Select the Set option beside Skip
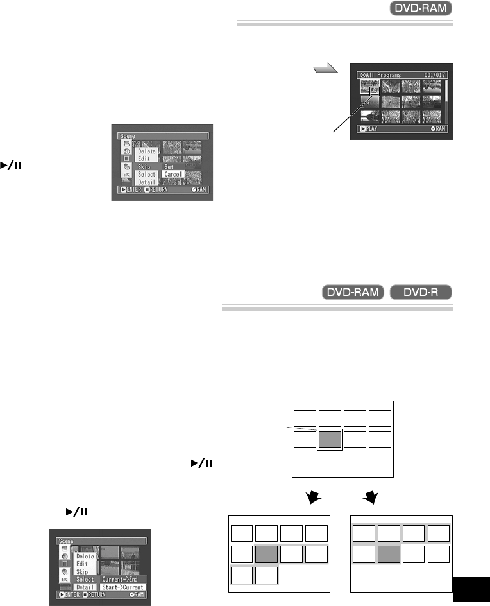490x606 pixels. tap(169, 166)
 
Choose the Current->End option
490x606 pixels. tap(122, 579)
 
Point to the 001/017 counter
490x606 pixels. tap(434, 74)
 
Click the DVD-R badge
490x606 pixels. tap(422, 293)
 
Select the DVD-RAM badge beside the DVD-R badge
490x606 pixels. tap(352, 293)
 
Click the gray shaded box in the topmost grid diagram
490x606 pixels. tap(330, 440)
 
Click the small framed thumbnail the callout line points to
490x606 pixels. tap(373, 91)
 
